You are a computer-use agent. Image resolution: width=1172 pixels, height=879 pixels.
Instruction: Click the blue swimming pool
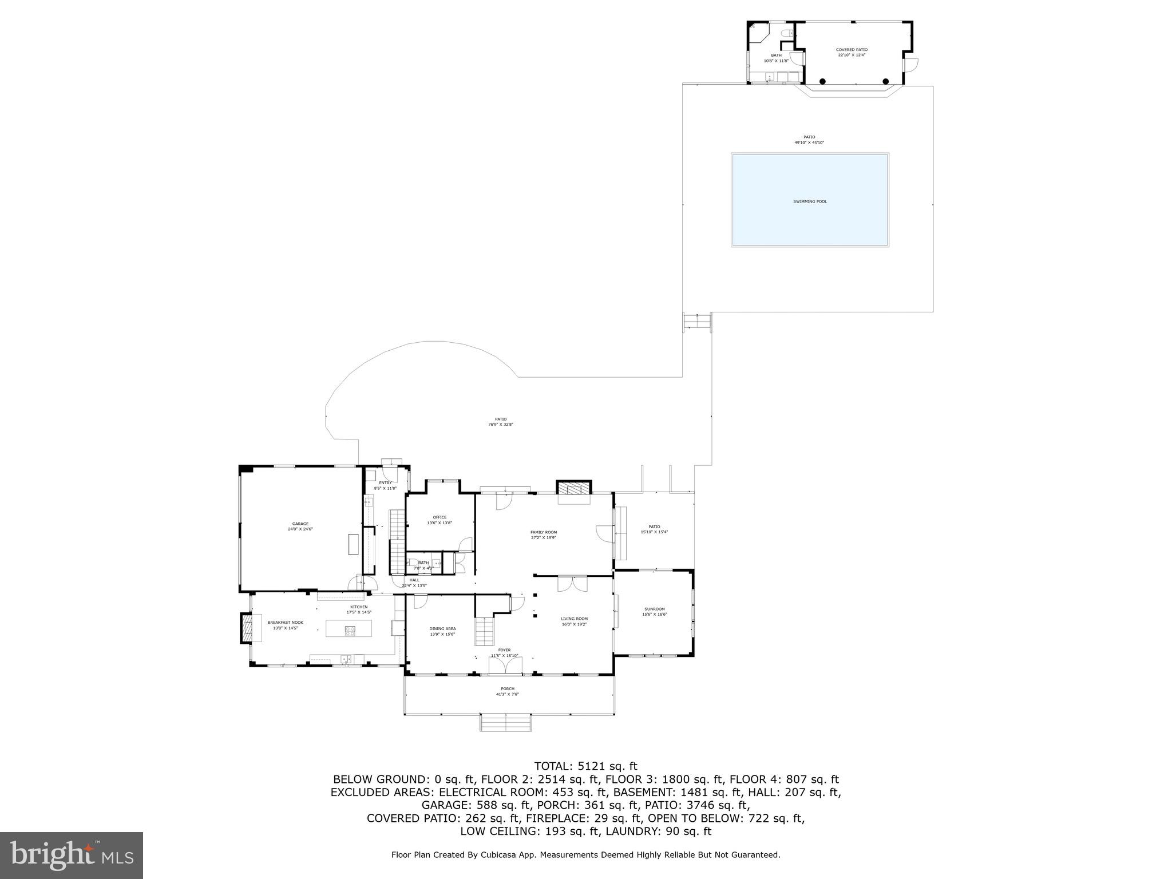tap(810, 200)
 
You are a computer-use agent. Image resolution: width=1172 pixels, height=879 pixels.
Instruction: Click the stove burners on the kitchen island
tap(350, 630)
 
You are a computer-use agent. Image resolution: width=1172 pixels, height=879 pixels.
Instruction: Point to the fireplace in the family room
tap(574, 488)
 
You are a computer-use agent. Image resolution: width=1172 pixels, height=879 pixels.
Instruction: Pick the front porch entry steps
tap(506, 722)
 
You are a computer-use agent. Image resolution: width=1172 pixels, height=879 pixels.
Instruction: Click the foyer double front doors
tap(505, 666)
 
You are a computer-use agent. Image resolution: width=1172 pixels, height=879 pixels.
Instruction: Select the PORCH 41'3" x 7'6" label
tap(507, 691)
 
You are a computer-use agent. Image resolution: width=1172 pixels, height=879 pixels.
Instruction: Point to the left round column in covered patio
tap(822, 81)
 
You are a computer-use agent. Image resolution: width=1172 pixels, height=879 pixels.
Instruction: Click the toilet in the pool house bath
tap(786, 33)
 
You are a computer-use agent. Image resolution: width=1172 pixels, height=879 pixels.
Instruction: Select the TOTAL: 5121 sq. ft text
tap(585, 766)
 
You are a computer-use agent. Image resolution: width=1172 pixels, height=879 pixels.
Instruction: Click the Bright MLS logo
tap(72, 855)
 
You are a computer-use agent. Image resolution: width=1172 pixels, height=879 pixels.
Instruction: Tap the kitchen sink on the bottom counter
tap(347, 659)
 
